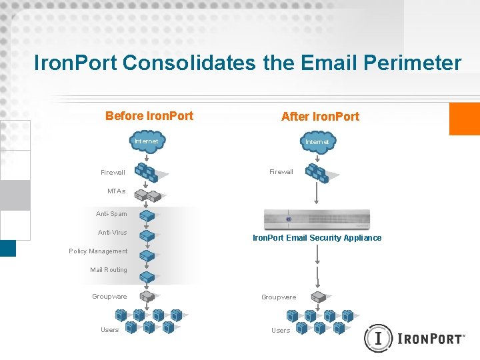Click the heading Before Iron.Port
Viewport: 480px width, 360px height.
149,116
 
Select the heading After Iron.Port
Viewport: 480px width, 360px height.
320,117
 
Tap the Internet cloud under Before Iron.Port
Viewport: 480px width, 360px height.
147,143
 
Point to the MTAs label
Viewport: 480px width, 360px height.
116,191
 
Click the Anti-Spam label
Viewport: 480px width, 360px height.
111,214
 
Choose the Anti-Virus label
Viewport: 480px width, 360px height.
112,233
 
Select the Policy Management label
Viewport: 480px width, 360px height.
98,251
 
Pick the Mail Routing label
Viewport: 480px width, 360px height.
108,270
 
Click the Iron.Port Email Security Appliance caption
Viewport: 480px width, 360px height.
317,238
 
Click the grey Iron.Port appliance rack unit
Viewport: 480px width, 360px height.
317,219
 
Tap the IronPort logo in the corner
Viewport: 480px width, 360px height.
415,338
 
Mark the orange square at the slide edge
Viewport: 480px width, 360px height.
465,119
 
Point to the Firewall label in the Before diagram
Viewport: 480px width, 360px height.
113,173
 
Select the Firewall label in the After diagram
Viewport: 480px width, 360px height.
281,172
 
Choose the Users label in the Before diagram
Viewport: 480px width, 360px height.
109,330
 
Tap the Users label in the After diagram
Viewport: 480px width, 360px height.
281,331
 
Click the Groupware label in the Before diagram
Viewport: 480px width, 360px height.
109,297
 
